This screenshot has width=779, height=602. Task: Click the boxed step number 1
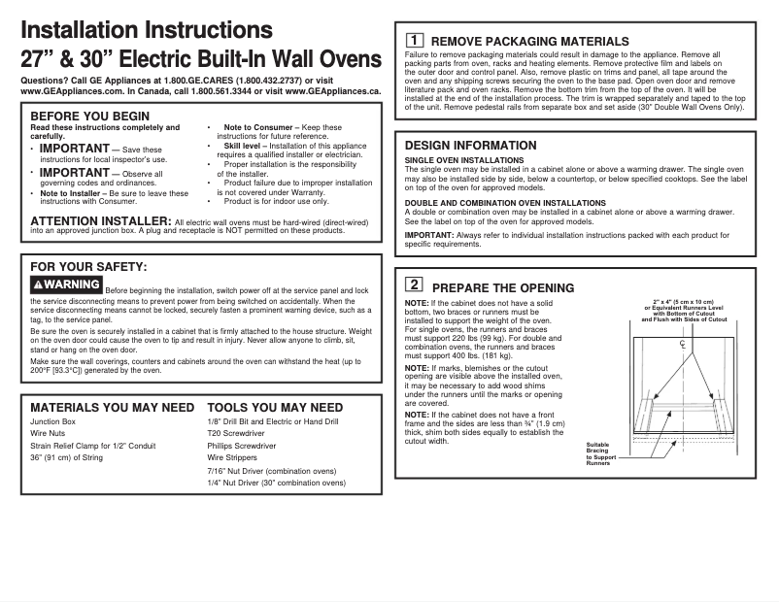pyautogui.click(x=414, y=41)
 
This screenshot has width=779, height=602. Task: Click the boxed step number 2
pyautogui.click(x=414, y=285)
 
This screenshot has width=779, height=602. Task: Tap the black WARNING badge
pyautogui.click(x=66, y=284)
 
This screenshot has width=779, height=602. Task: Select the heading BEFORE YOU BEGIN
pyautogui.click(x=90, y=117)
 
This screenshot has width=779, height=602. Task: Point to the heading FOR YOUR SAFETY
pyautogui.click(x=89, y=266)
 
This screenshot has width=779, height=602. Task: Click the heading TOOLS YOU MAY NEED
pyautogui.click(x=275, y=408)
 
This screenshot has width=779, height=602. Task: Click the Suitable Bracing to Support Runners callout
pyautogui.click(x=600, y=454)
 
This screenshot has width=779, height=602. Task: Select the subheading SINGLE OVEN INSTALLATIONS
pyautogui.click(x=464, y=160)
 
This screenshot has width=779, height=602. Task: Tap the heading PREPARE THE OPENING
pyautogui.click(x=502, y=287)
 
